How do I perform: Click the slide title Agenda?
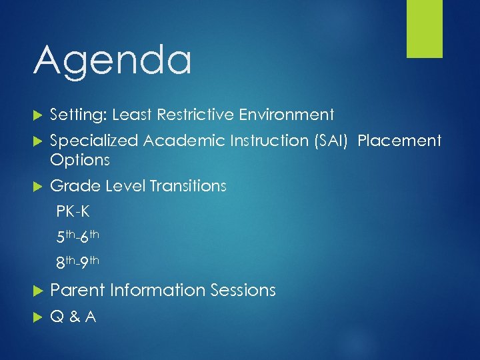point(112,61)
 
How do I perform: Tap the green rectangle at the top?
point(425,29)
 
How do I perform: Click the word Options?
point(79,161)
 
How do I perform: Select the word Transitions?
point(188,186)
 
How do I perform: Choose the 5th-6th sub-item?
point(77,237)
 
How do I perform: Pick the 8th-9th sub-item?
point(77,262)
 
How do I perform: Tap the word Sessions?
point(243,291)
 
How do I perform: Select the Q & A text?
point(73,317)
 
